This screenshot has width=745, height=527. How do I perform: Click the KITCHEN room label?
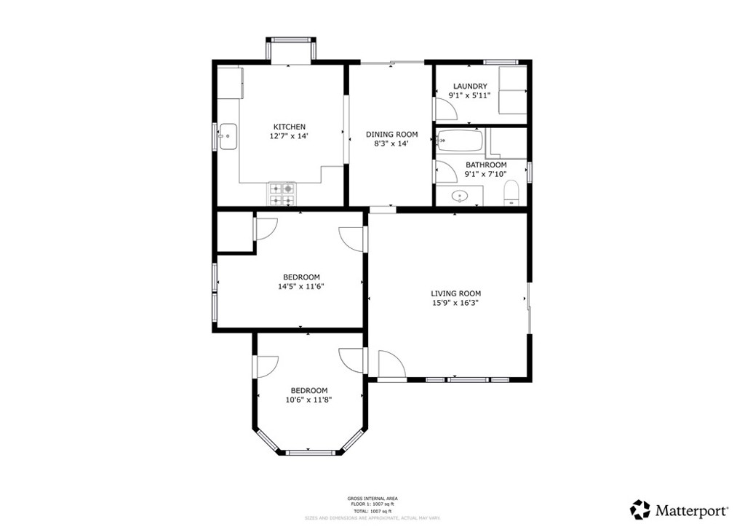(x=289, y=127)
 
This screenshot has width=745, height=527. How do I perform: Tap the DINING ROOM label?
(x=391, y=134)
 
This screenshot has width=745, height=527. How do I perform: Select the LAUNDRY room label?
(x=469, y=86)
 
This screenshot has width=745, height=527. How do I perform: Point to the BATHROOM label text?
(x=486, y=165)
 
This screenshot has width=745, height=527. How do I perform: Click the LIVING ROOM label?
(x=455, y=293)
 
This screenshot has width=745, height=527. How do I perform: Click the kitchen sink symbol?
(x=228, y=136)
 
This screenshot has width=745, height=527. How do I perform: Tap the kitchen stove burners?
(x=282, y=194)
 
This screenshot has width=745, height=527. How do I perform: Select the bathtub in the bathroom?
(x=460, y=140)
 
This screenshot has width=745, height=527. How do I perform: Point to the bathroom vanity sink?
(x=460, y=195)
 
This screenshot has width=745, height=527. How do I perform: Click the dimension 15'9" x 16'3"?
(x=455, y=304)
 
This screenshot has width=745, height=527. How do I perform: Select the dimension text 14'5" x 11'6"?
(x=300, y=287)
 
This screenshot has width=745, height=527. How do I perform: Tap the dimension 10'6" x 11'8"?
(x=308, y=400)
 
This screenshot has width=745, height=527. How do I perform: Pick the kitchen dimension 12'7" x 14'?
(x=289, y=136)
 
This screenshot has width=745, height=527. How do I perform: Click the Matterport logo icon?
(x=640, y=509)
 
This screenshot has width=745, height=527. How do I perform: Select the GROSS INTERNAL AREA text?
(x=372, y=499)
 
